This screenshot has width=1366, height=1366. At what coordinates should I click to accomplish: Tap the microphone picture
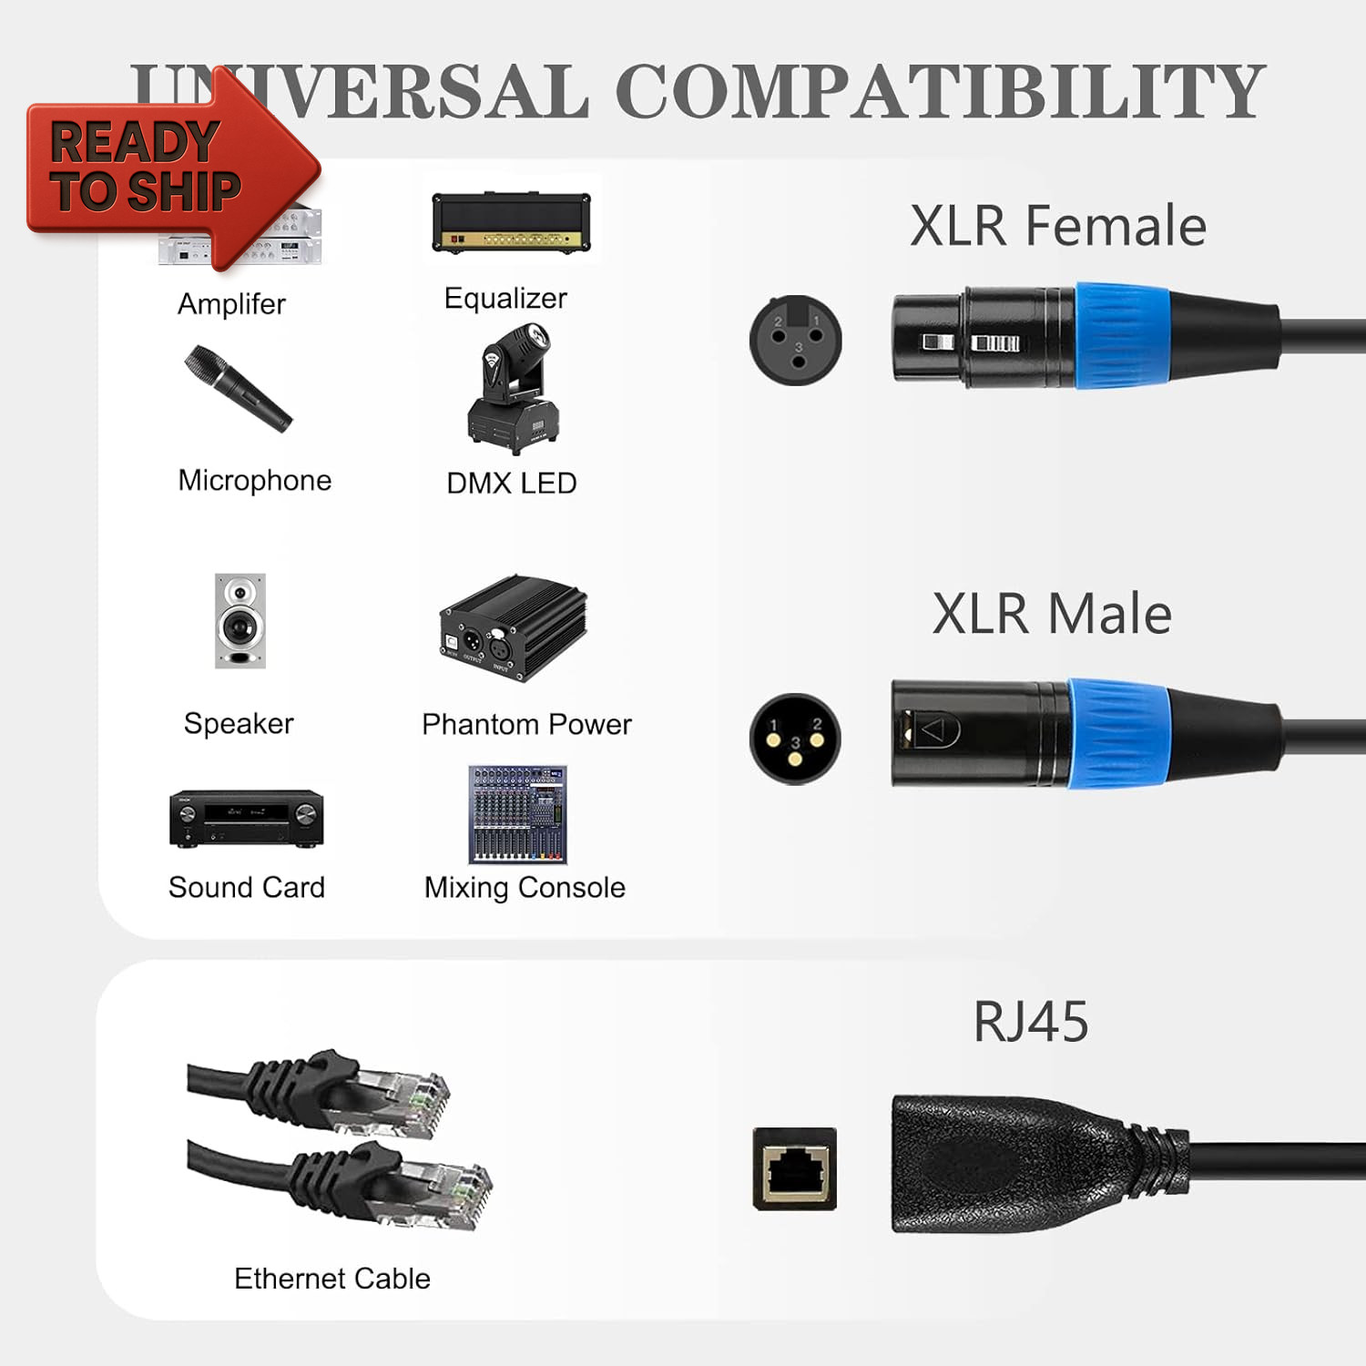point(238,389)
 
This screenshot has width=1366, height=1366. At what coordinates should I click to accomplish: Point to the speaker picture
point(240,621)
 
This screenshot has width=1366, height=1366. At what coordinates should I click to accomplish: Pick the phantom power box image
point(513,628)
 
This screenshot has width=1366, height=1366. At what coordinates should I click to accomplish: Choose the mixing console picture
point(517,814)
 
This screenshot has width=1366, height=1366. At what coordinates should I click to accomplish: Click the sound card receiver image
point(246,819)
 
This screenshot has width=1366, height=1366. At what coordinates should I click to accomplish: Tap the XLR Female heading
point(1057,226)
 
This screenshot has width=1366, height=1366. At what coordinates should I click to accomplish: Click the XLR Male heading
point(1052,614)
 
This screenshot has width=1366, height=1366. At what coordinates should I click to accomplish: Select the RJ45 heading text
point(1030,1022)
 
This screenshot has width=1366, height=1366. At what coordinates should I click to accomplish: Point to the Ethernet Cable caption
point(331,1279)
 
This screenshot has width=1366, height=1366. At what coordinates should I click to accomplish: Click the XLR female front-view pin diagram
point(795,340)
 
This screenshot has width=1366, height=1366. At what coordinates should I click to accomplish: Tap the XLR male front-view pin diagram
point(795,739)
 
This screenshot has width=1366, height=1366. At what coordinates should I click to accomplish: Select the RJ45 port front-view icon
point(794,1168)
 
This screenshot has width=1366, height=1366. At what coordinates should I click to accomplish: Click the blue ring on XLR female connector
point(1122,335)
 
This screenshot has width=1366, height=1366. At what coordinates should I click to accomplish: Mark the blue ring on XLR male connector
point(1118,733)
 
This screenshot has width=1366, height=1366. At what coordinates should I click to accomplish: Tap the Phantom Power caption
point(526,725)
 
